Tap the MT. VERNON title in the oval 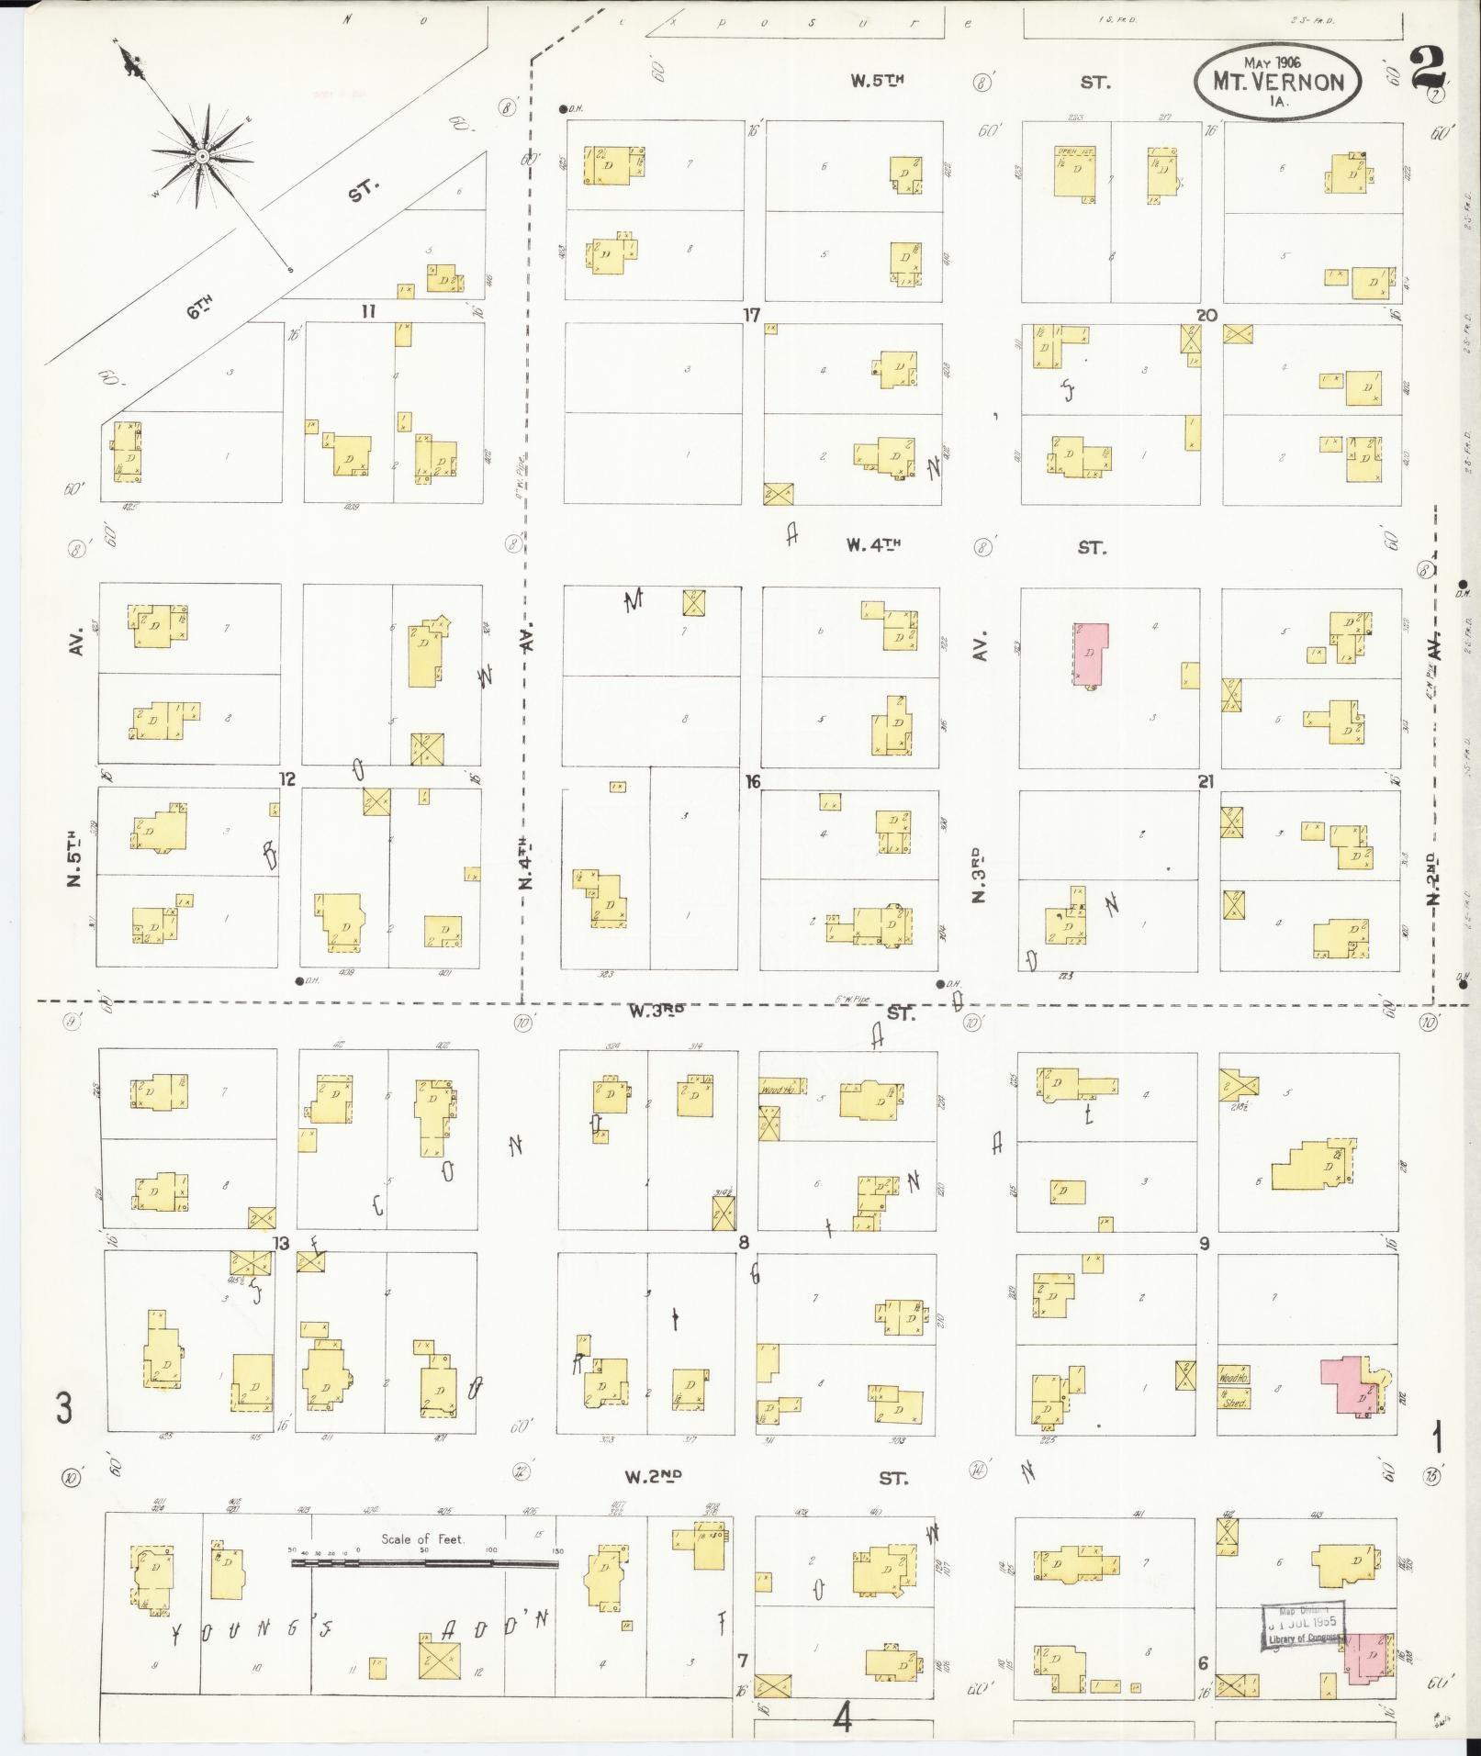click(x=1278, y=82)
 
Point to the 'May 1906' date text click(x=1276, y=62)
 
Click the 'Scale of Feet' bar click(x=424, y=1561)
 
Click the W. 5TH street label click(x=876, y=81)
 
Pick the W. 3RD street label click(x=656, y=1012)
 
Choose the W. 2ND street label click(x=654, y=1477)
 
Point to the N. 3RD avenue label click(x=979, y=874)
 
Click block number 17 click(x=752, y=315)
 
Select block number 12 click(x=288, y=779)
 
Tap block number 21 click(x=1206, y=781)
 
